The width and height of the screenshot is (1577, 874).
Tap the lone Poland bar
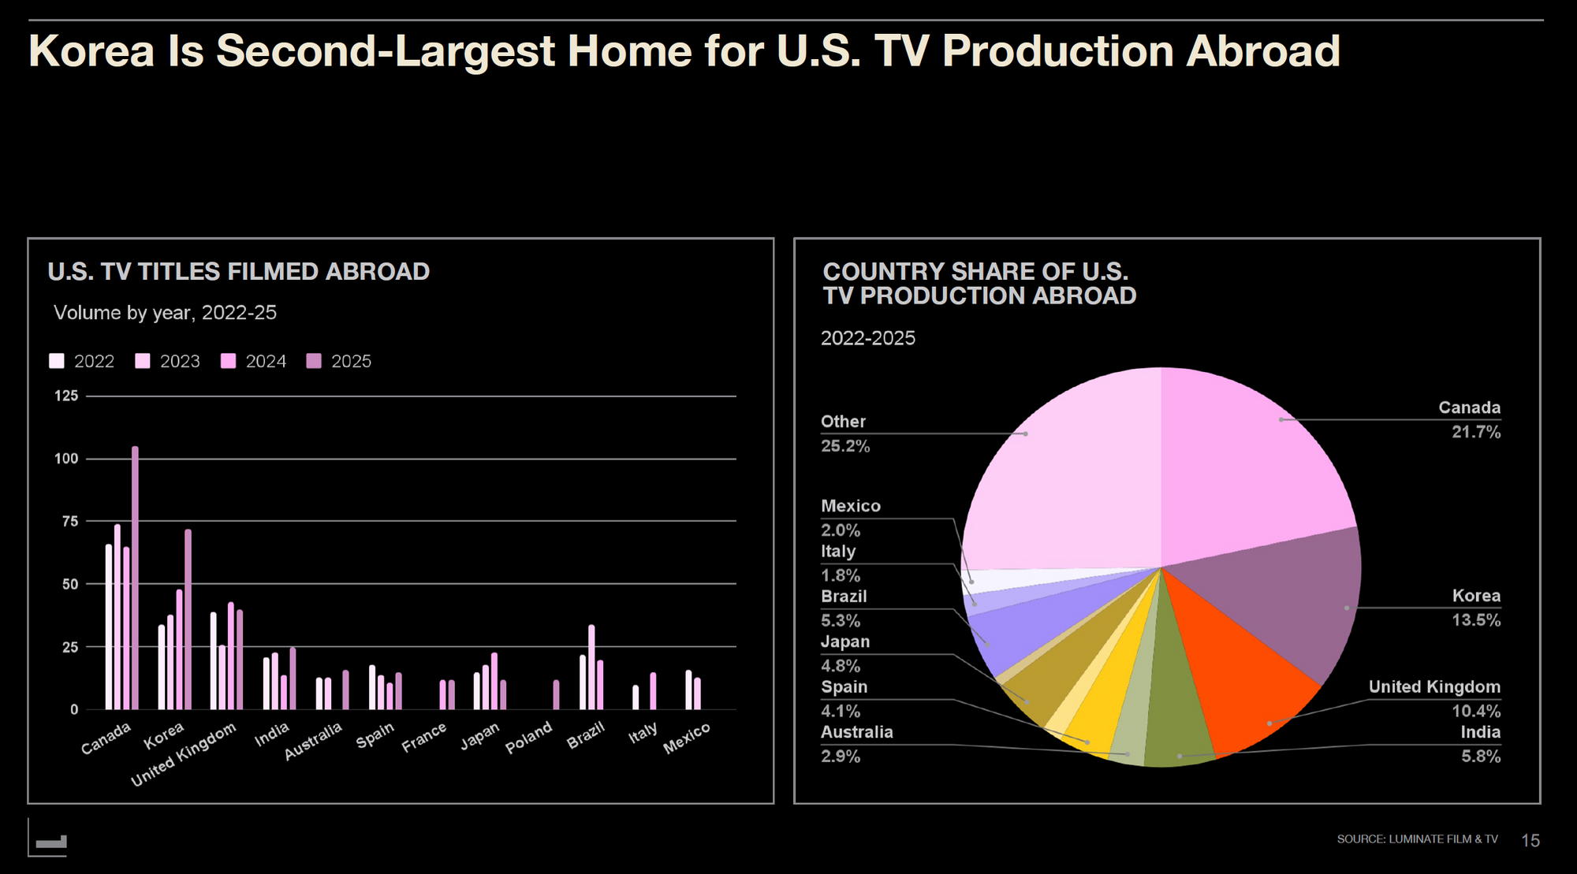(556, 694)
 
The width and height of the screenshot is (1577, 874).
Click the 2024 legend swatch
(228, 361)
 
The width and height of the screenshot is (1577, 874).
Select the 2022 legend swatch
(57, 361)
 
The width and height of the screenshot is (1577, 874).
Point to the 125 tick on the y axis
(66, 396)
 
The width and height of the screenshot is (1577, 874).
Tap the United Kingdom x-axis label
(184, 754)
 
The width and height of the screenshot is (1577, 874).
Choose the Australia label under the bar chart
(313, 741)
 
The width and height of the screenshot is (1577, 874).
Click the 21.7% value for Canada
(1476, 432)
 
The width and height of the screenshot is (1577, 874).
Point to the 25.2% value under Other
(845, 446)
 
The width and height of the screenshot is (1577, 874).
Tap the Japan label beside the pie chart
(845, 642)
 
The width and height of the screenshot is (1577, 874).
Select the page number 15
(1530, 841)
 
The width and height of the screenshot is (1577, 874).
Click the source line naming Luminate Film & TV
(1417, 839)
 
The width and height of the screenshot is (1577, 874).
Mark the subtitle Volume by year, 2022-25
(165, 313)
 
